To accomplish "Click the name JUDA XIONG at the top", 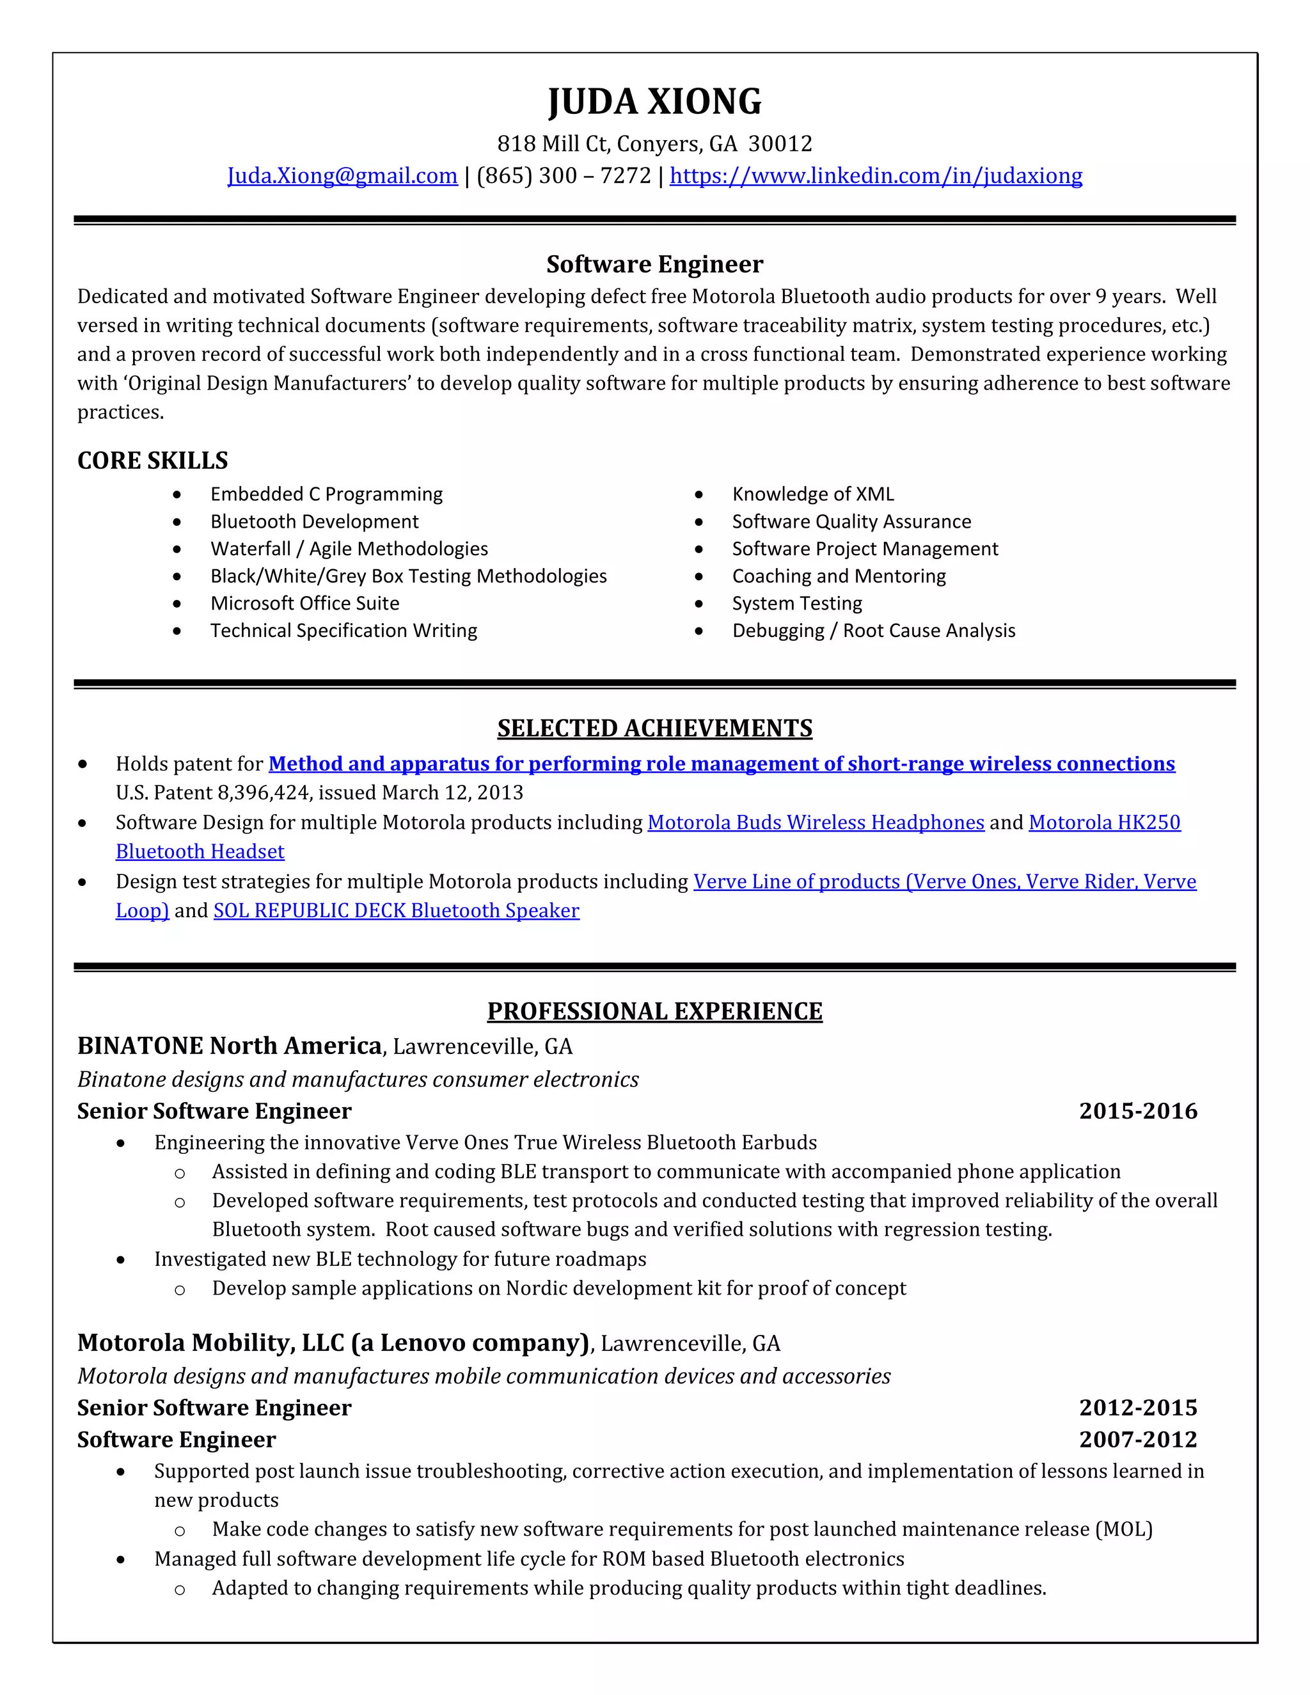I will (654, 102).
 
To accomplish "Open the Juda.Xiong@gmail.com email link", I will (342, 176).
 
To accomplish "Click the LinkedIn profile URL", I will (876, 176).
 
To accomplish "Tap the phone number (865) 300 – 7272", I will (564, 176).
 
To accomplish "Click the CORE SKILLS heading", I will (153, 461).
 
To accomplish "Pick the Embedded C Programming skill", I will (326, 494).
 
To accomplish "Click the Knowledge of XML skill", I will (812, 494).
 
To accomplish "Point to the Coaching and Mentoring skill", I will (838, 576).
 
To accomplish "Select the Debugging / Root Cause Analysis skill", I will (873, 630).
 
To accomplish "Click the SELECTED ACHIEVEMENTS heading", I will (654, 728).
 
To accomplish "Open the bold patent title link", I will (721, 764).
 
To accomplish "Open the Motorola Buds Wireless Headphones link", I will (815, 822).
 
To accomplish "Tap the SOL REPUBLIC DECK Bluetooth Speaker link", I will (396, 910).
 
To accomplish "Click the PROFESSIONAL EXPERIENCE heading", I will (654, 1011).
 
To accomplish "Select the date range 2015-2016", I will (1138, 1112).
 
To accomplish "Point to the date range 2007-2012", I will (1138, 1440).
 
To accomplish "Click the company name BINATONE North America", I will (229, 1046).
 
